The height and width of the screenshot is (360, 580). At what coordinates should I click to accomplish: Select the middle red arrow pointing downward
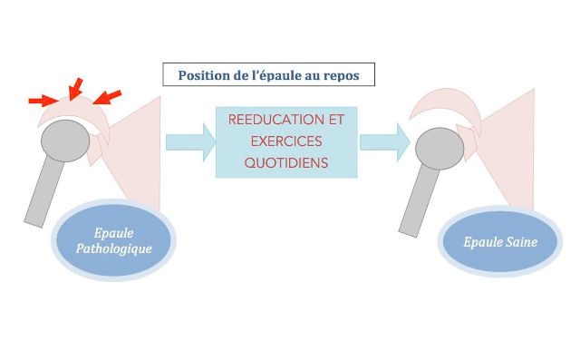[x=74, y=88]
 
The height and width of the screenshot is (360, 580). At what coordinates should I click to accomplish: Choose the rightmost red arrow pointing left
[x=109, y=95]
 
